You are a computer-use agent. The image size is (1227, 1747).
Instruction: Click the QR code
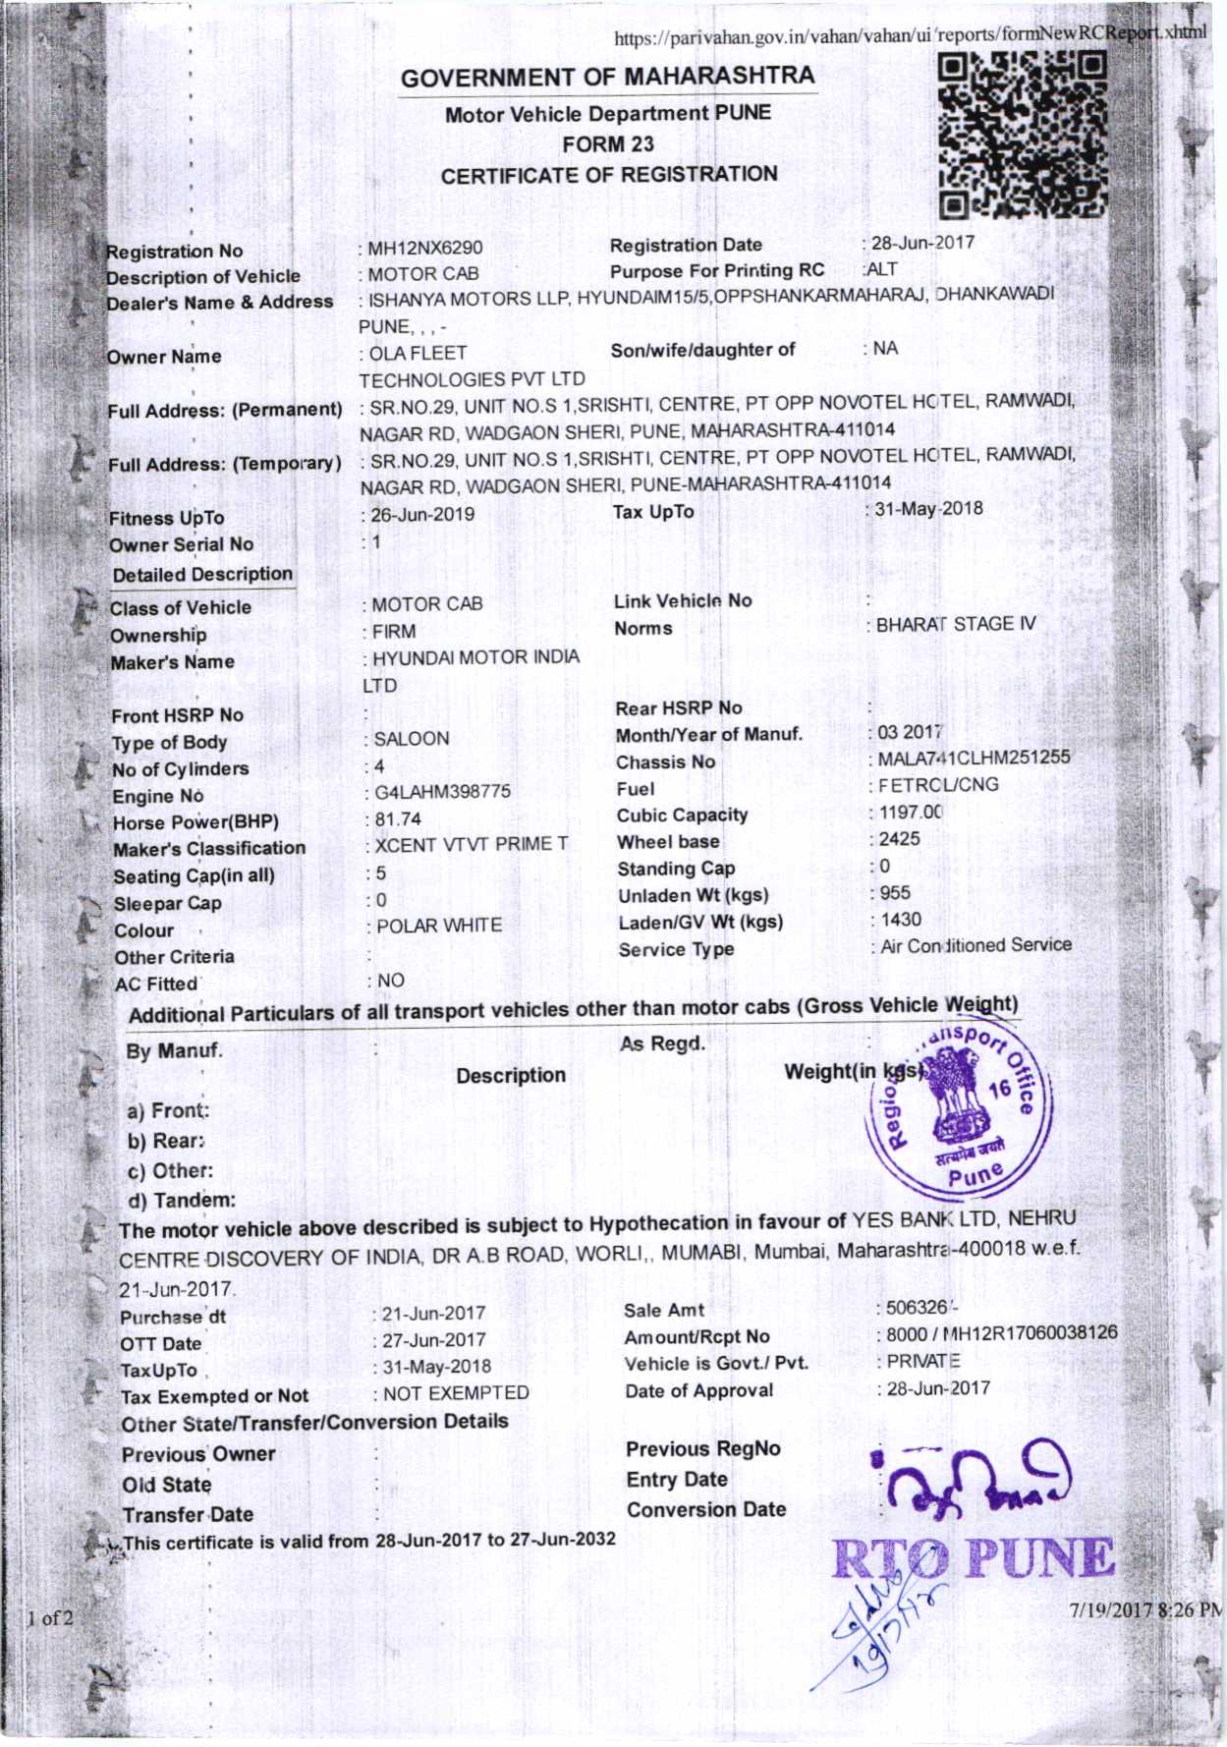(1023, 135)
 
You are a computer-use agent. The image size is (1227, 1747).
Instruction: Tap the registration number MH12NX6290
(425, 248)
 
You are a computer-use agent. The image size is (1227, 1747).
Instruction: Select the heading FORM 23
(608, 144)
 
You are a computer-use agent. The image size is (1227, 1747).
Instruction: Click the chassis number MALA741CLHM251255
(974, 758)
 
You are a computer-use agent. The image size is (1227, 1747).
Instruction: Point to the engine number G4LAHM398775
(442, 791)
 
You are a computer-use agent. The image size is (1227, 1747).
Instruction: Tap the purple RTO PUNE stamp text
(974, 1558)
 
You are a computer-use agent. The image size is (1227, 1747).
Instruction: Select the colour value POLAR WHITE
(439, 926)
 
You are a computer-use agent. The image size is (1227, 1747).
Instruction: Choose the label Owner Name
(164, 357)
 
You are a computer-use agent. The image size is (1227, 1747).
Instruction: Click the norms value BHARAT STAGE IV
(956, 624)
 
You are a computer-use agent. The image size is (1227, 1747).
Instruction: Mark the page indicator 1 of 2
(50, 1617)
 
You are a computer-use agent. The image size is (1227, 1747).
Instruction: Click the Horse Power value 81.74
(398, 818)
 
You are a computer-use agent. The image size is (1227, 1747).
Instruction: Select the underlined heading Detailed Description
(202, 575)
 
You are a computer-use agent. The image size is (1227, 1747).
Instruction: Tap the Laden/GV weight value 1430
(900, 920)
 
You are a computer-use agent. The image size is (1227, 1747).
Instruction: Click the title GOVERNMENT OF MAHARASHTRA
(608, 77)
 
